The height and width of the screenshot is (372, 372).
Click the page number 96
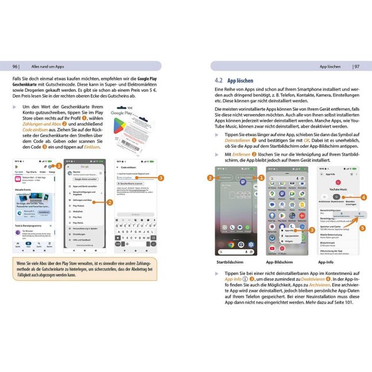click(16, 66)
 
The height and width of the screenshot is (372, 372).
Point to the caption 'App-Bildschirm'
click(280, 261)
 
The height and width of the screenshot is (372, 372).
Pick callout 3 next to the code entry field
click(161, 177)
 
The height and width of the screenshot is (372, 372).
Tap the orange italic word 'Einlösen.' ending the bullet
click(91, 146)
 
